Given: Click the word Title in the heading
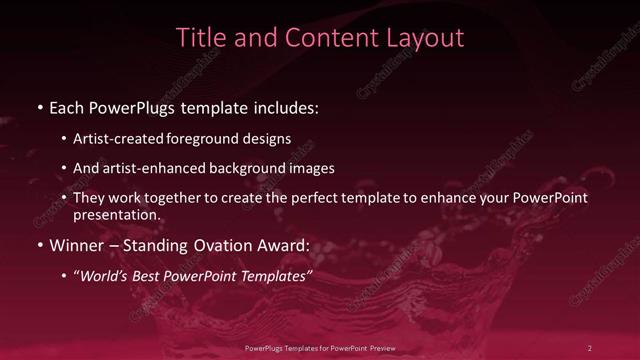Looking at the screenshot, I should [198, 38].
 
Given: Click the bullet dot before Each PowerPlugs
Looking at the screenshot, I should [39, 106].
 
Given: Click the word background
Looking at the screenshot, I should [259, 168].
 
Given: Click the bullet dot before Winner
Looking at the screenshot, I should [39, 245].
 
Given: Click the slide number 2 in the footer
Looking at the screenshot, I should [590, 347].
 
